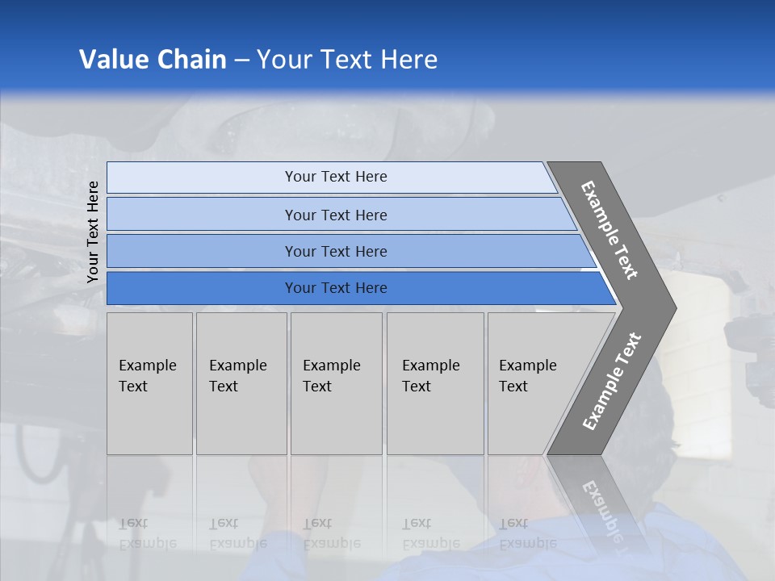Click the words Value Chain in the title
point(153,60)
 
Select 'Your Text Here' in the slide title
point(347,60)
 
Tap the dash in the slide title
point(241,61)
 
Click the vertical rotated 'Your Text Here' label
point(93,232)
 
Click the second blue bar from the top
point(336,215)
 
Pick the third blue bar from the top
point(336,251)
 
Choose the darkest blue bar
point(336,288)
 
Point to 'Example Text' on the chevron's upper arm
point(610,230)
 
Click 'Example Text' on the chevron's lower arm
point(611,382)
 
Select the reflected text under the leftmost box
point(148,533)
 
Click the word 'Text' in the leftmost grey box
point(133,387)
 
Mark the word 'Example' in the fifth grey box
point(527,366)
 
